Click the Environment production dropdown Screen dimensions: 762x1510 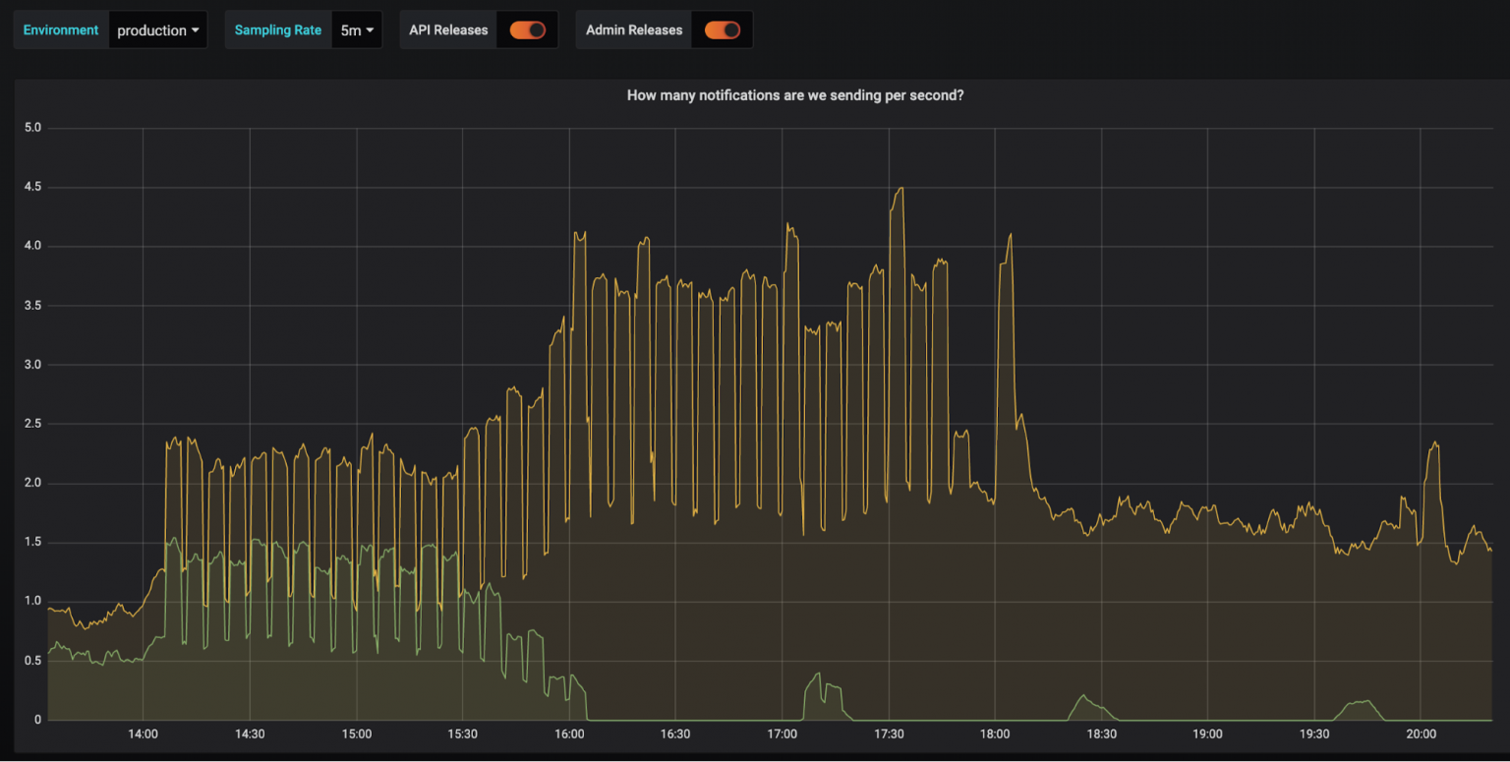pos(157,30)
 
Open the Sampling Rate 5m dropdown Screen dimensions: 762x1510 pos(356,30)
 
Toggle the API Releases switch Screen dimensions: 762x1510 pos(527,30)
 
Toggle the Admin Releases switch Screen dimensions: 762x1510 pos(722,30)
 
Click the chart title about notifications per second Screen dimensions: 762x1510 pos(794,95)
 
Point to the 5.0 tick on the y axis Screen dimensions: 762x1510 pos(32,128)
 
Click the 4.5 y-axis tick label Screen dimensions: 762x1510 pos(32,187)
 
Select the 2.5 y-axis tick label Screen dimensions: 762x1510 pos(32,424)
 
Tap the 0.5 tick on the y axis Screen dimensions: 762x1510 pos(32,661)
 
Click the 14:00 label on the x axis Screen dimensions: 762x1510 pos(143,734)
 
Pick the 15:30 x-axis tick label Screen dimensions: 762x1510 pos(462,734)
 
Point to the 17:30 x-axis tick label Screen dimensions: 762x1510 pos(888,734)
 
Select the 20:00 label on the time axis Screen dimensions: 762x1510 pos(1421,734)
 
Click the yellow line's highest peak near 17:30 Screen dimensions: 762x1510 pos(899,189)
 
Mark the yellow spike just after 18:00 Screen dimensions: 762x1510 pos(1010,235)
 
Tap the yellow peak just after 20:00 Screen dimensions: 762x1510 pos(1435,443)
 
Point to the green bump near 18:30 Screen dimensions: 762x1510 pos(1083,696)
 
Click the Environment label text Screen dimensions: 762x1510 pos(61,30)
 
